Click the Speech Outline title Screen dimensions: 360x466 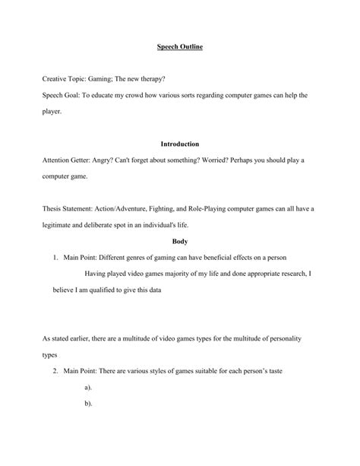coord(180,46)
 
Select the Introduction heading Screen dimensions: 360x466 coord(180,144)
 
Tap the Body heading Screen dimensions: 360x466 coord(180,241)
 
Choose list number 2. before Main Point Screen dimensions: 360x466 coord(56,371)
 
